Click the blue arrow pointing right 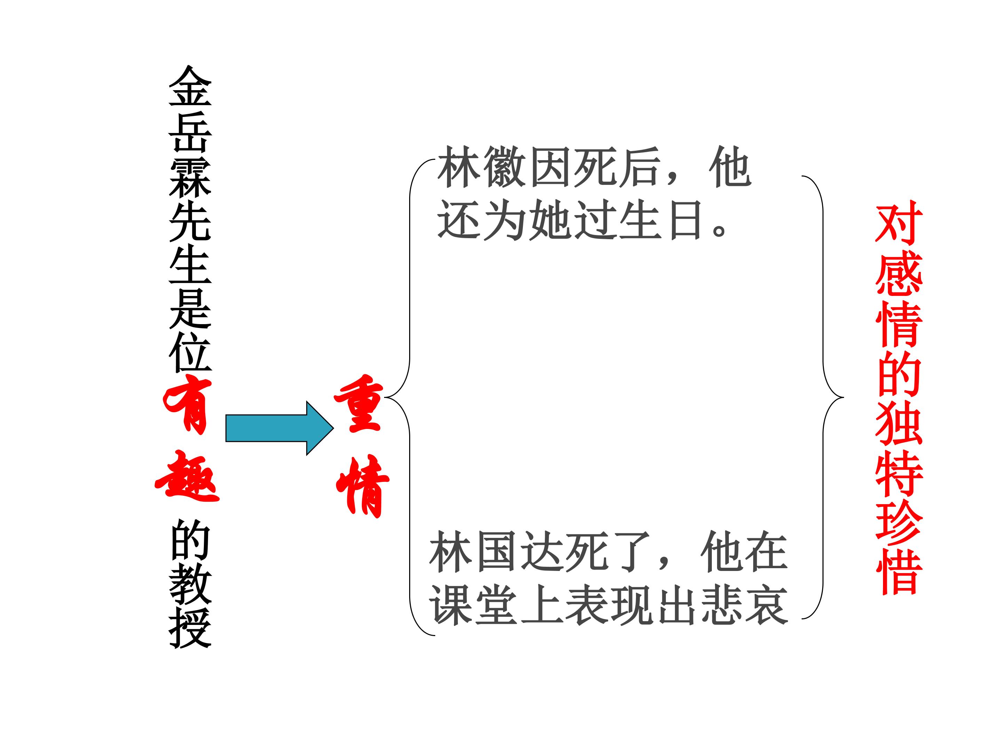[x=279, y=428]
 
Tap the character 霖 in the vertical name [x=190, y=177]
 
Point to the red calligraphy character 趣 [x=187, y=476]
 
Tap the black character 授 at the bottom [x=190, y=628]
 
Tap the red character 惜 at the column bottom [x=899, y=572]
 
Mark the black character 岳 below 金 [x=190, y=132]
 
